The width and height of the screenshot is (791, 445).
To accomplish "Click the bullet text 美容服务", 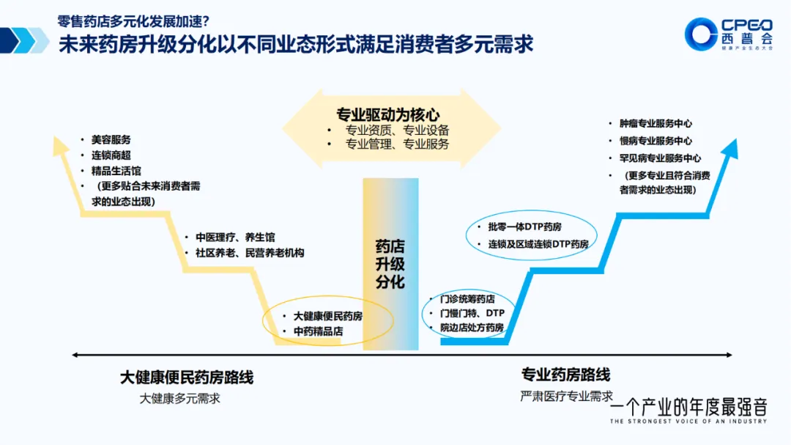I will [x=111, y=139].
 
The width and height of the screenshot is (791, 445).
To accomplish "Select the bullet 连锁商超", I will [x=111, y=155].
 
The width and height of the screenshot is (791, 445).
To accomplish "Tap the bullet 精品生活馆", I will [x=116, y=171].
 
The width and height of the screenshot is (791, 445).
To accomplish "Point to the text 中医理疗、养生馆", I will [x=235, y=238].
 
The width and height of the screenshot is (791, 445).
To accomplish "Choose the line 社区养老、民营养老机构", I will [x=249, y=253].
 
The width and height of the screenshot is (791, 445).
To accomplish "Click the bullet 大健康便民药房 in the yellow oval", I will [x=328, y=316].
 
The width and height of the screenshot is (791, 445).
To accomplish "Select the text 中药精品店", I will [x=318, y=331].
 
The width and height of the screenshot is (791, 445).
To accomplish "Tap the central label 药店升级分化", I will [x=390, y=264].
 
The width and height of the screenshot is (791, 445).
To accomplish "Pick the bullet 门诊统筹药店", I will [x=467, y=299].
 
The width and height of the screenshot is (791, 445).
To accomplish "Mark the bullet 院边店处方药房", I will [x=472, y=328].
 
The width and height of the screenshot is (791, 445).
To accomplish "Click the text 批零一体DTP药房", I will [x=524, y=227].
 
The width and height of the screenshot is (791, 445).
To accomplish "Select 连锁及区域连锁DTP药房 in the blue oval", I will [x=538, y=243].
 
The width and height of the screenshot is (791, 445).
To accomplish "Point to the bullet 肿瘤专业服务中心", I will [x=656, y=124].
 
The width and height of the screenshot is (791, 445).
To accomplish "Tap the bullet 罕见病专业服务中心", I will [x=660, y=158].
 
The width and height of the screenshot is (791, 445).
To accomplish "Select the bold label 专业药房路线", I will [x=565, y=375].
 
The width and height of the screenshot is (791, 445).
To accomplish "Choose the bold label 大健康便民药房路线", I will [x=187, y=378].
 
